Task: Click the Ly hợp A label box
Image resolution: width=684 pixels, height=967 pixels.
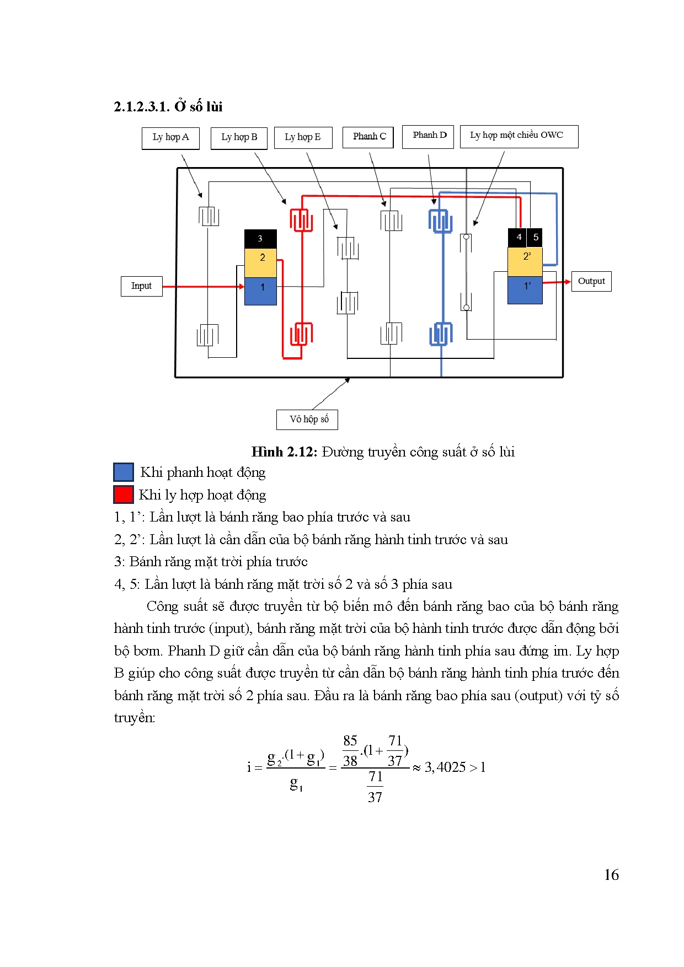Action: [170, 138]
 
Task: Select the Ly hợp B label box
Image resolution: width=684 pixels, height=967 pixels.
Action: [239, 138]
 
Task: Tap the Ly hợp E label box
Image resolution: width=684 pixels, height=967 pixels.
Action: [303, 138]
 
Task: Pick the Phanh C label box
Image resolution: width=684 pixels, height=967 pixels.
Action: [369, 137]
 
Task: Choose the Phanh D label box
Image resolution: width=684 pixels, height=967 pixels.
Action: [429, 136]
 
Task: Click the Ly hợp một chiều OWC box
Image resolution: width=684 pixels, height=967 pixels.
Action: [519, 136]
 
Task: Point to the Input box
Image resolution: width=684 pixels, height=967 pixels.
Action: [141, 286]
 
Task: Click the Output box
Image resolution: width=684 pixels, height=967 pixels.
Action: [591, 281]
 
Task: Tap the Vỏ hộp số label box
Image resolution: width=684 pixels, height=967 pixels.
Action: [307, 420]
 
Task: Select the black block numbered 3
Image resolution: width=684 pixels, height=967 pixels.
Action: [260, 239]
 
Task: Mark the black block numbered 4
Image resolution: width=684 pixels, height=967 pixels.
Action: [517, 237]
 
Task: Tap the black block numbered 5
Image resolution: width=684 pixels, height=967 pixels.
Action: [535, 237]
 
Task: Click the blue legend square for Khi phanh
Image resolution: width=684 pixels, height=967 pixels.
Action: [124, 472]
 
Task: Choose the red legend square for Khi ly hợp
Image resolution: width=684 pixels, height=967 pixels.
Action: [124, 495]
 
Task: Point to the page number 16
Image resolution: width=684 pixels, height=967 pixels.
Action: [611, 875]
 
